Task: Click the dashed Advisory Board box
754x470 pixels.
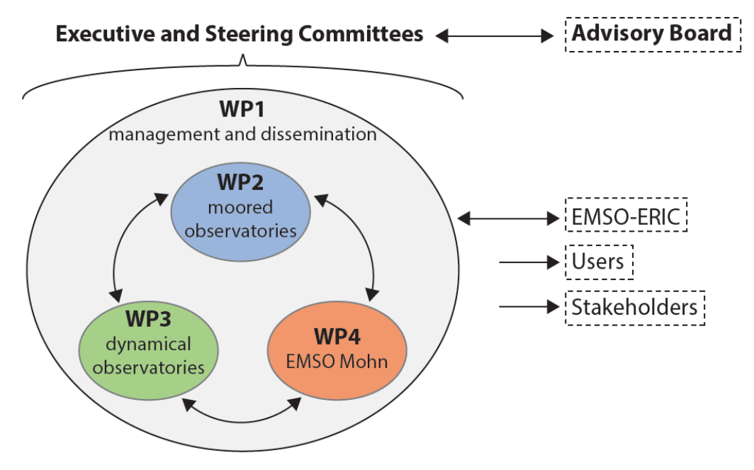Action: (x=651, y=33)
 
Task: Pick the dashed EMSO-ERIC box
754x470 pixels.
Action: (x=626, y=217)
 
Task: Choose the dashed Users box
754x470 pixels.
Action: (x=598, y=262)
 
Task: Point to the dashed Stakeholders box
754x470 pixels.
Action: (x=634, y=308)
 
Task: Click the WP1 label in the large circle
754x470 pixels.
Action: (x=242, y=112)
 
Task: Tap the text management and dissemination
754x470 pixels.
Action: (x=242, y=133)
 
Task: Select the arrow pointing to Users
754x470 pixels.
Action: (x=529, y=263)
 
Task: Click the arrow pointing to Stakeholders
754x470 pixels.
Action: (x=529, y=308)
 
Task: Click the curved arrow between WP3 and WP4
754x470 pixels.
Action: (x=242, y=418)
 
